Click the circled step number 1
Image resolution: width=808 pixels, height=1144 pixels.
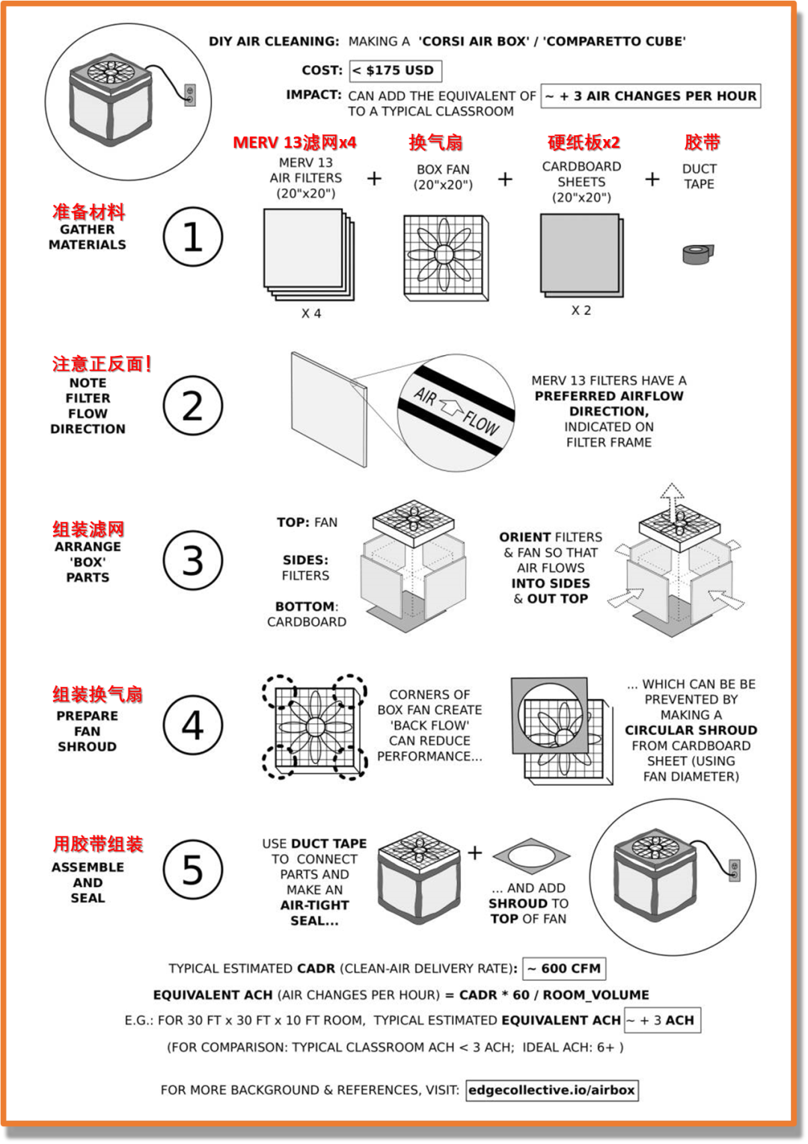coord(193,236)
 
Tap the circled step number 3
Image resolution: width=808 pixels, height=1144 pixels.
coord(193,560)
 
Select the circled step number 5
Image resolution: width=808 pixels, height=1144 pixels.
coord(193,870)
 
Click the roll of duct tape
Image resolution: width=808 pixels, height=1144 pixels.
coord(698,253)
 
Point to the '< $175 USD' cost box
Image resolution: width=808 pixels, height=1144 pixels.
coord(396,70)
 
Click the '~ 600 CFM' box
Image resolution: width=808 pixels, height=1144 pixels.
coord(564,968)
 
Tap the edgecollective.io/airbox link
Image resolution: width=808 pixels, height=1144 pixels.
coord(552,1090)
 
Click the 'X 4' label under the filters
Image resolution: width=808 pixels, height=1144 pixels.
coord(310,313)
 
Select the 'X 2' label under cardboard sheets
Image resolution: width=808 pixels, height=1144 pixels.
coord(581,310)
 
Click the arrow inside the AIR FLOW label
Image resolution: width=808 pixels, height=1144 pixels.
coord(450,408)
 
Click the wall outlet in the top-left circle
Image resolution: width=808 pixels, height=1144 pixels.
coord(189,95)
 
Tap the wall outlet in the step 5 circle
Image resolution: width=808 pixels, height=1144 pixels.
coord(735,871)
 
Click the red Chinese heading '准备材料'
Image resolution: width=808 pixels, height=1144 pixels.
coord(89,212)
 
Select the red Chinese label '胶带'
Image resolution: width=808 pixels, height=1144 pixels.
coord(703,143)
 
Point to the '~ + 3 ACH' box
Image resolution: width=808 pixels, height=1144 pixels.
coord(662,1020)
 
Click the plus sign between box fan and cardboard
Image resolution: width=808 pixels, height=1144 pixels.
coord(505,179)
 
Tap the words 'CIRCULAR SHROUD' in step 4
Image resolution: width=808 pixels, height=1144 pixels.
coord(691,730)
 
